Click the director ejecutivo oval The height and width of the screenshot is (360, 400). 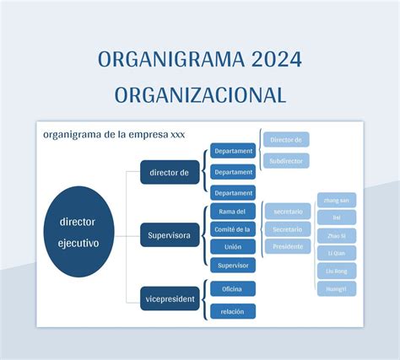click(78, 233)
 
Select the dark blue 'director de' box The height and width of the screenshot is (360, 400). click(170, 173)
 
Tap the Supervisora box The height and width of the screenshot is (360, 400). click(170, 234)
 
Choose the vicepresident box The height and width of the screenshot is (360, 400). click(170, 298)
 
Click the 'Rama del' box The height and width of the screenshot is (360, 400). click(233, 212)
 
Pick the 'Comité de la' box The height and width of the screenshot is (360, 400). click(233, 229)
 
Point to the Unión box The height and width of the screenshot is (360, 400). click(233, 247)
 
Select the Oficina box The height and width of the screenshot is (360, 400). click(233, 289)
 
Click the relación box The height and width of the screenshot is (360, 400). click(233, 311)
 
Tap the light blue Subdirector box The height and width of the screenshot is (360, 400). click(286, 159)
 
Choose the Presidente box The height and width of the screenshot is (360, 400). click(287, 247)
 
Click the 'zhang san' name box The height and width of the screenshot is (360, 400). click(337, 200)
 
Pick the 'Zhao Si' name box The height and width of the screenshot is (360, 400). click(337, 235)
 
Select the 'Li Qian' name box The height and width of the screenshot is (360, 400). click(337, 253)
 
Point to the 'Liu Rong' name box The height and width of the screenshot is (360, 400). click(337, 271)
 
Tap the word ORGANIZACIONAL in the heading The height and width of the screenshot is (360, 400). click(200, 94)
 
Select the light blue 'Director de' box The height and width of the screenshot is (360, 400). click(286, 139)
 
